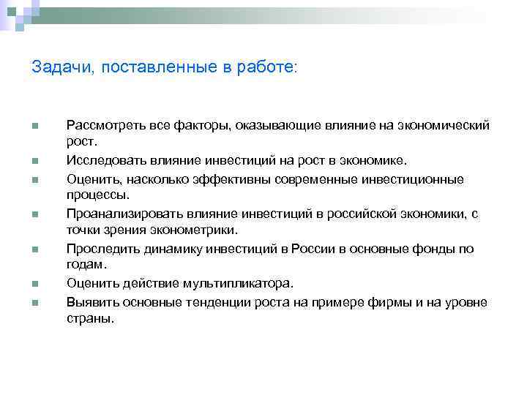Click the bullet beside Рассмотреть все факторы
click(34, 125)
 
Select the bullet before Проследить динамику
click(34, 249)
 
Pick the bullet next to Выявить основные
click(34, 302)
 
